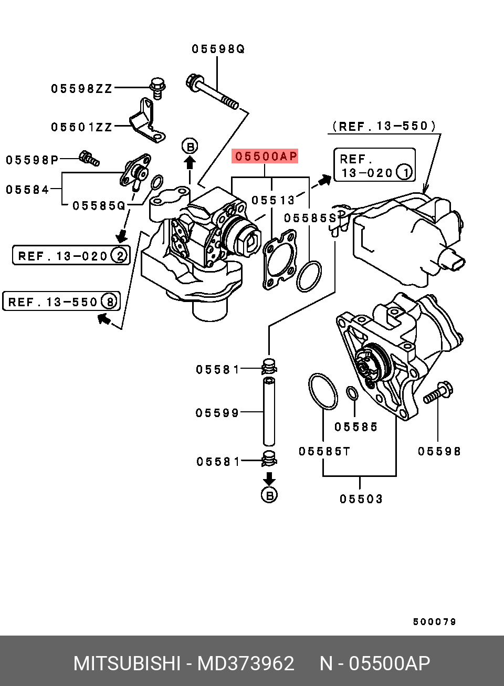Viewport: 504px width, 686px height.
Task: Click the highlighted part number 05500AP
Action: pyautogui.click(x=266, y=156)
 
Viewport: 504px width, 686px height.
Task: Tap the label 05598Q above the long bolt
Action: pyautogui.click(x=218, y=49)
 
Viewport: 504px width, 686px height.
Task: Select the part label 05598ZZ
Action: pyautogui.click(x=82, y=89)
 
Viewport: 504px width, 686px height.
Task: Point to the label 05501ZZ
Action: pyautogui.click(x=82, y=127)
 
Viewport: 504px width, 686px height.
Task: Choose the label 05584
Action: pyautogui.click(x=28, y=190)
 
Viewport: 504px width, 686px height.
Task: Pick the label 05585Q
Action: pyautogui.click(x=99, y=205)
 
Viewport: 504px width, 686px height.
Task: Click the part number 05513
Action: pyautogui.click(x=273, y=200)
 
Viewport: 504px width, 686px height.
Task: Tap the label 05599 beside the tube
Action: pyautogui.click(x=217, y=413)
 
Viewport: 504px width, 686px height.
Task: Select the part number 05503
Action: pyautogui.click(x=361, y=499)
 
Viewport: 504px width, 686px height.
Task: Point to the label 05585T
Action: pyautogui.click(x=324, y=451)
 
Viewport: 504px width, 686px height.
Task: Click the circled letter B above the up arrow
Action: pyautogui.click(x=190, y=147)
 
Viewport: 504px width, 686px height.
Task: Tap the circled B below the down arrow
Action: pyautogui.click(x=269, y=495)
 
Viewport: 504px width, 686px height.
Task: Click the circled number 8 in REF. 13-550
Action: pyautogui.click(x=110, y=302)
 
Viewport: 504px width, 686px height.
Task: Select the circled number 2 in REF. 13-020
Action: pyautogui.click(x=120, y=256)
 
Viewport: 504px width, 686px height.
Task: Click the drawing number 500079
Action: pyautogui.click(x=435, y=622)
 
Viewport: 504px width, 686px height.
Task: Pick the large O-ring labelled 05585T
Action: pyautogui.click(x=323, y=391)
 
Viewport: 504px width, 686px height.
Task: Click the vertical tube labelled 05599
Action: pyautogui.click(x=269, y=411)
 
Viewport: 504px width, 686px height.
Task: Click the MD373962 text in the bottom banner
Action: pyautogui.click(x=246, y=663)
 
